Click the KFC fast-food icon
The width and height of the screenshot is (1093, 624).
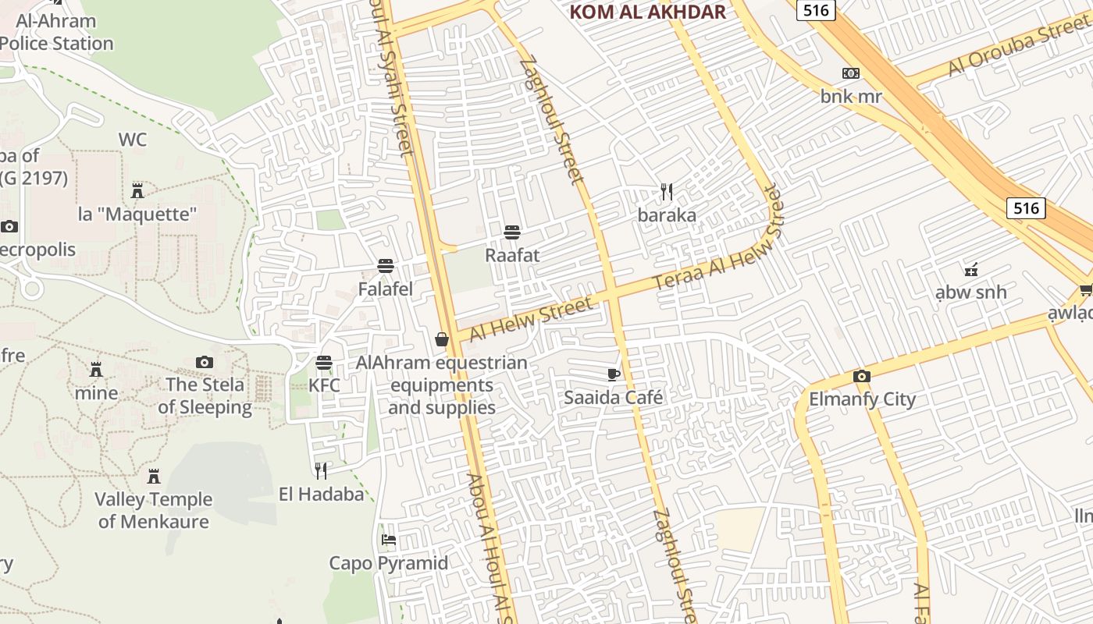(x=324, y=363)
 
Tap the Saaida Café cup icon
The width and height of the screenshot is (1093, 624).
(x=614, y=374)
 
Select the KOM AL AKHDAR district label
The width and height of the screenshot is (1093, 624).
(x=647, y=12)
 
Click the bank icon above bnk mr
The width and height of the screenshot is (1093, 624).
(x=850, y=73)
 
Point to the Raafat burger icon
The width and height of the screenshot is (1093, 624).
(x=512, y=232)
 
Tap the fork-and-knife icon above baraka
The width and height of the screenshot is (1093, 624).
(x=667, y=192)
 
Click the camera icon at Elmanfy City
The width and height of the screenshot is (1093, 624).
(x=861, y=377)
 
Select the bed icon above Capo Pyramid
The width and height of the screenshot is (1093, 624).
(x=388, y=540)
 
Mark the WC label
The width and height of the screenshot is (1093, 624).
(x=133, y=140)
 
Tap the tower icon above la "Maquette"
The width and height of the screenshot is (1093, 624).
(x=137, y=190)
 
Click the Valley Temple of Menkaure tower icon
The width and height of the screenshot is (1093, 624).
(x=154, y=476)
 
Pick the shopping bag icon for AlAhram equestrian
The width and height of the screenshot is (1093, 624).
(x=442, y=339)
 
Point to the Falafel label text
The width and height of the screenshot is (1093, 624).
(x=385, y=289)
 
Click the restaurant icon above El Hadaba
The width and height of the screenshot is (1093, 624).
(x=321, y=470)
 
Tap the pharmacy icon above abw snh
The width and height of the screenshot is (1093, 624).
(x=970, y=270)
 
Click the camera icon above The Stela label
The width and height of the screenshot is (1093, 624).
(x=205, y=362)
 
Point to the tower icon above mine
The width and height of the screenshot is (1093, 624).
(x=96, y=369)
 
